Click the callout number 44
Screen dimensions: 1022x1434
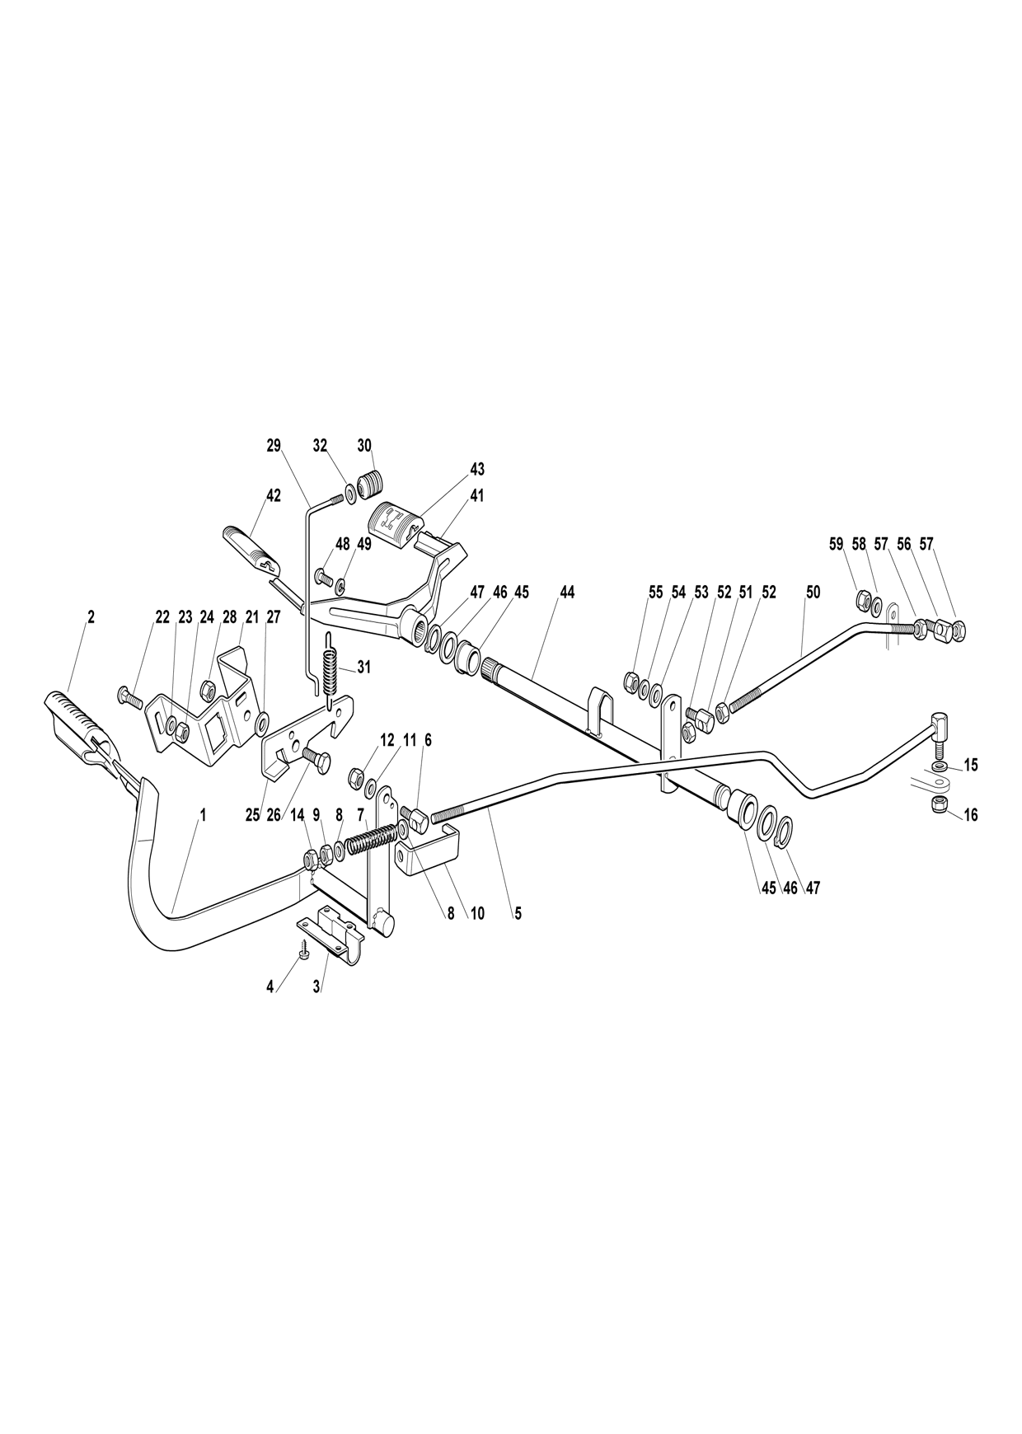point(566,592)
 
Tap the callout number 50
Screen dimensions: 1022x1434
point(813,592)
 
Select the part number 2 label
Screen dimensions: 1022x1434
point(91,616)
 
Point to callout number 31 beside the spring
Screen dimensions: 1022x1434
point(363,668)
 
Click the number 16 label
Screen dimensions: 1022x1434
point(970,815)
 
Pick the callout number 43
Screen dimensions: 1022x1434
point(477,468)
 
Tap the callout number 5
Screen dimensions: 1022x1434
point(518,913)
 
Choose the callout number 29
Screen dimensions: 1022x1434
point(274,445)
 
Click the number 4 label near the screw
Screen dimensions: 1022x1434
point(270,986)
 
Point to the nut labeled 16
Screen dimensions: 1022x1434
point(937,804)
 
